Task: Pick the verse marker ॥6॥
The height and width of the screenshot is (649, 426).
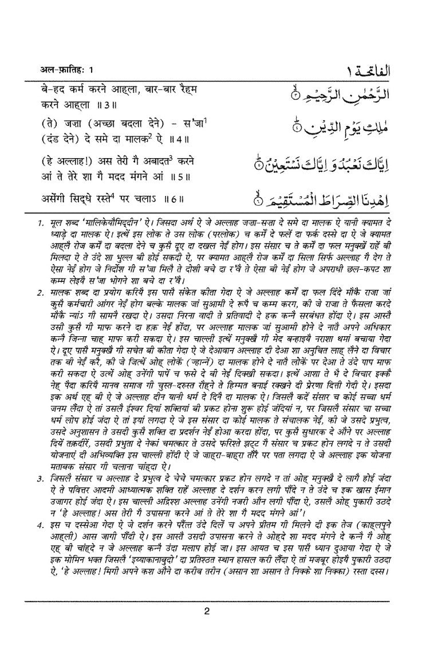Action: click(x=173, y=199)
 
